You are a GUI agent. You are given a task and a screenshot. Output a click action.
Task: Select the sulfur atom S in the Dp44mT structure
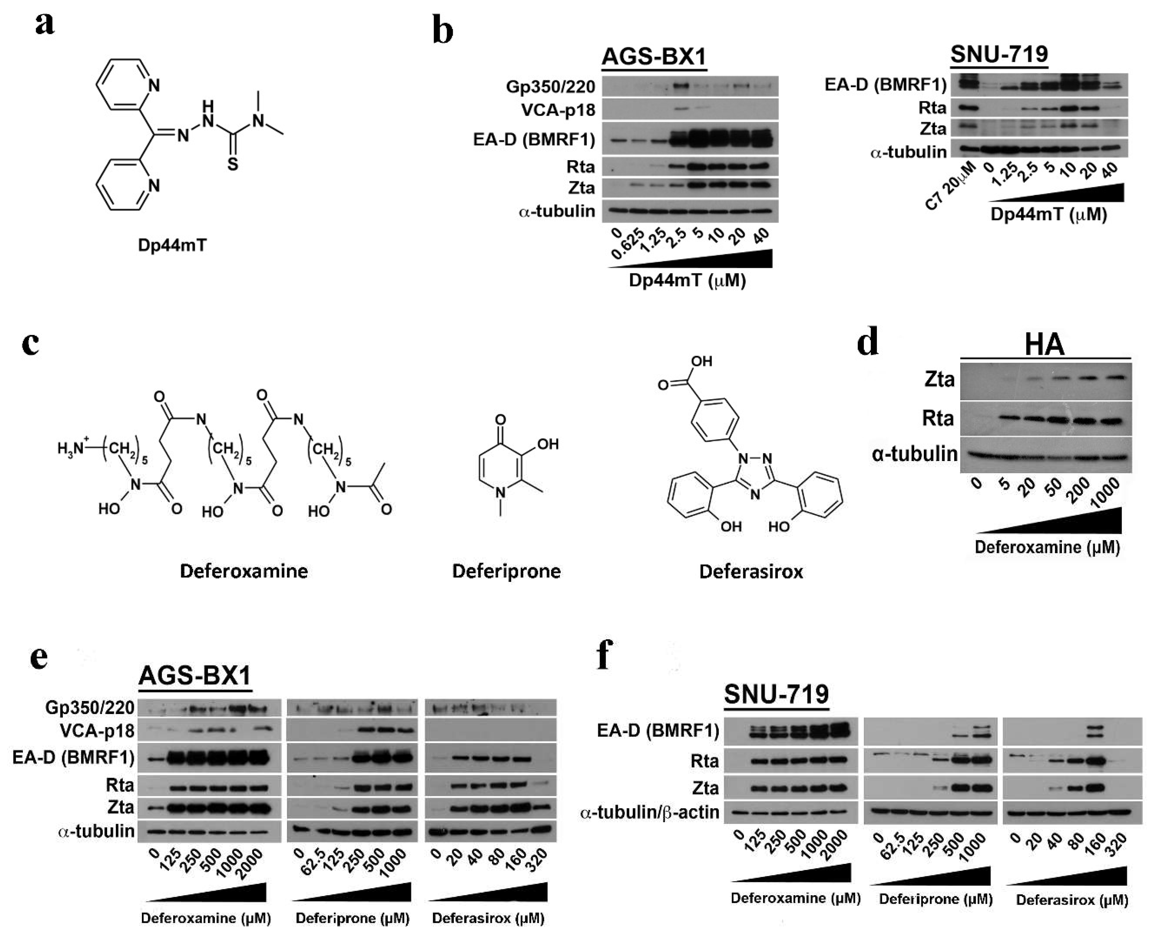[x=232, y=164]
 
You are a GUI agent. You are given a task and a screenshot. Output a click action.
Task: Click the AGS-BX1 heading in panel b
[x=654, y=57]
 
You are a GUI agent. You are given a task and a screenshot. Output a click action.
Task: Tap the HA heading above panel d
[x=1044, y=344]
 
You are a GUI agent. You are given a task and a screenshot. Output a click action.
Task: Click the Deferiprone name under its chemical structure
[x=506, y=571]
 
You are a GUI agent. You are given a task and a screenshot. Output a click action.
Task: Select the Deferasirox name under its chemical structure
[x=751, y=571]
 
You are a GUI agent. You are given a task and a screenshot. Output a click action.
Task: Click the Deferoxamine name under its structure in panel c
[x=244, y=571]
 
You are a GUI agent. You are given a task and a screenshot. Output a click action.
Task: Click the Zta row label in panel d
[x=939, y=380]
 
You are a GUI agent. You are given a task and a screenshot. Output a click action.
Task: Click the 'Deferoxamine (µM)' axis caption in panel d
[x=1047, y=547]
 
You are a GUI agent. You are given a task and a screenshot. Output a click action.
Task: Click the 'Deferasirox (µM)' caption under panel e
[x=488, y=918]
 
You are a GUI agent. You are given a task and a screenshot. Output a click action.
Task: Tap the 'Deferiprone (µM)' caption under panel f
[x=935, y=899]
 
